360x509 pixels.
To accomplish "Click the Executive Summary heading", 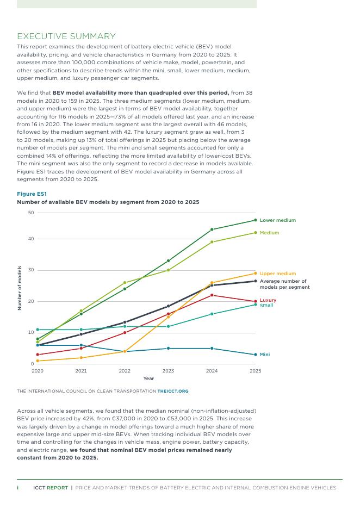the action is [x=66, y=36].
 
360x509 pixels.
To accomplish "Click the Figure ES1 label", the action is [x=32, y=194].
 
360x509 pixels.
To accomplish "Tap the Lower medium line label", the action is [x=277, y=220].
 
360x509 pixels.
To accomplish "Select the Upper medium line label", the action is [x=277, y=274].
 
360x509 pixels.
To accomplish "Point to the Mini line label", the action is [x=265, y=355].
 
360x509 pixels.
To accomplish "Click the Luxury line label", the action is [x=268, y=300].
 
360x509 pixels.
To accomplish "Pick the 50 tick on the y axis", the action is [x=31, y=213].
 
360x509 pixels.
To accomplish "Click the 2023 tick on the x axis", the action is [x=168, y=371].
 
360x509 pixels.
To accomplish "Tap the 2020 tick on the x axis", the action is [x=38, y=371].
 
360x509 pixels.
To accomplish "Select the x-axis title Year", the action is [x=148, y=378].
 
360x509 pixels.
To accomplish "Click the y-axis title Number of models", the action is [x=20, y=288].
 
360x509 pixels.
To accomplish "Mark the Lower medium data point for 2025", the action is [x=256, y=220].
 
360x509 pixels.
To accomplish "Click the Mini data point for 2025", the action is [x=256, y=355].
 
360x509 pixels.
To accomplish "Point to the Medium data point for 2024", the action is [x=212, y=242].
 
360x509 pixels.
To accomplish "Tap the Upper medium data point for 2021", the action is [x=81, y=358].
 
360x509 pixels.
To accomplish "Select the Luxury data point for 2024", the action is [x=212, y=295].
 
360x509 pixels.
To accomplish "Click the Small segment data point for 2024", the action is [x=212, y=314].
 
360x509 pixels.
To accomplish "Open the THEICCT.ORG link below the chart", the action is [x=173, y=391].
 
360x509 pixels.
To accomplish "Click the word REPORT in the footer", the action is [x=58, y=488].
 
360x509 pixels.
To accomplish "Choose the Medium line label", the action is [x=269, y=233].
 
